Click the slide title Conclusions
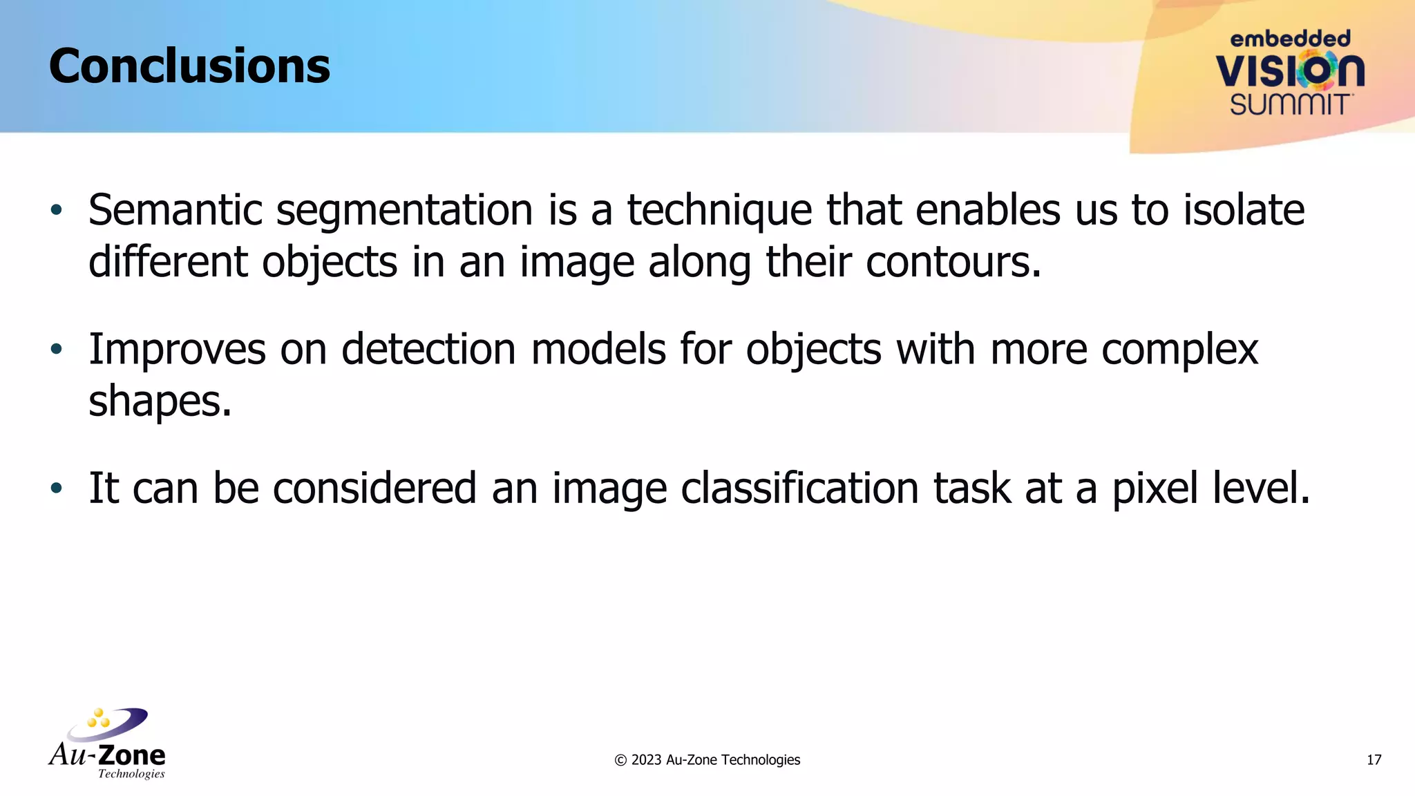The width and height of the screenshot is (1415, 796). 189,66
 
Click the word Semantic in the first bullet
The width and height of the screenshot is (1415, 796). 175,210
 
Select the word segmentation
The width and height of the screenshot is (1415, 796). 404,211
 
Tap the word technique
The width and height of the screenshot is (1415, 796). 719,211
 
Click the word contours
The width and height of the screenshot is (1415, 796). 953,263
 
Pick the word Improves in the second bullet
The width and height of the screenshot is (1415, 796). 177,350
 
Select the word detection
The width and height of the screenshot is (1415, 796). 428,349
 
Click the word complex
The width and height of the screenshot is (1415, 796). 1179,350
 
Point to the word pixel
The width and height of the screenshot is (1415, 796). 1155,489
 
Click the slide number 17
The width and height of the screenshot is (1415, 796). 1374,760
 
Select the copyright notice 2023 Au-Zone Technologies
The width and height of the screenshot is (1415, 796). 707,760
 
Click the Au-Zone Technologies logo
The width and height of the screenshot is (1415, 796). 108,743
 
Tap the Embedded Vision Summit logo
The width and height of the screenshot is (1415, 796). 1289,73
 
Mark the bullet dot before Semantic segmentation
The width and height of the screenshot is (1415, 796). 57,209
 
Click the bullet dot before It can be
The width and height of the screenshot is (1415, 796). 57,489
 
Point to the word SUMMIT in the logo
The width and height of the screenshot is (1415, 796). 1289,105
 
